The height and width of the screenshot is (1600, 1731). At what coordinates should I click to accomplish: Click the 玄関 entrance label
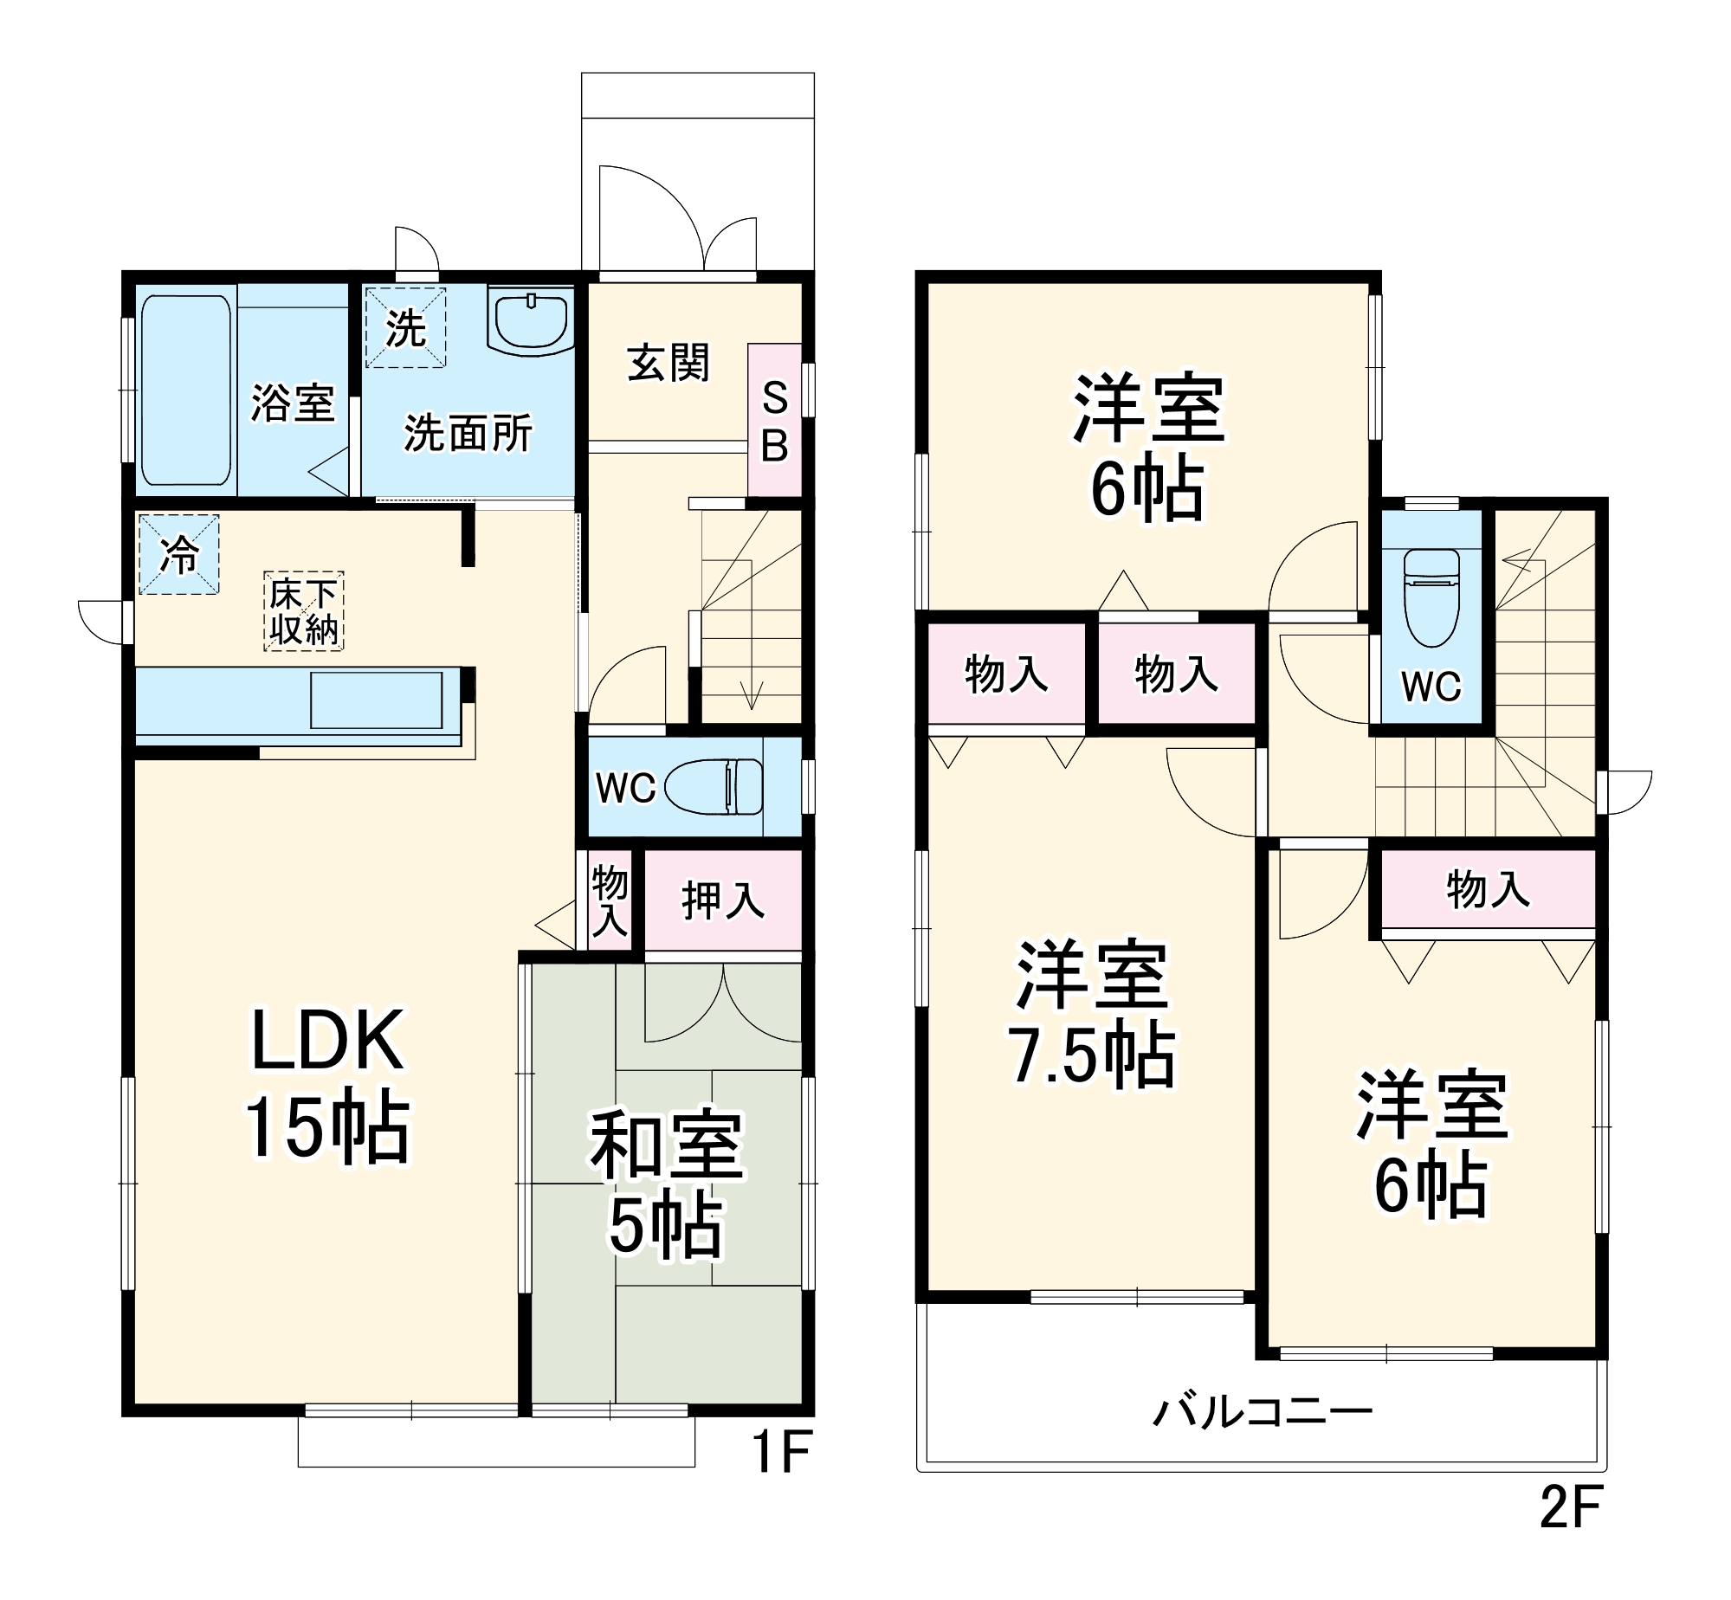tap(668, 363)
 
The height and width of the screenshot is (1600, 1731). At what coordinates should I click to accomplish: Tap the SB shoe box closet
tap(774, 422)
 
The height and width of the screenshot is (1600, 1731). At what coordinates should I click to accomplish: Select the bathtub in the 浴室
tap(185, 390)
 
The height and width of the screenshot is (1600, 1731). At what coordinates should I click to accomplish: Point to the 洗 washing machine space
tap(405, 328)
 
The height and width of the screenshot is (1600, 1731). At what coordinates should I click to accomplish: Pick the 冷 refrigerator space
tap(179, 554)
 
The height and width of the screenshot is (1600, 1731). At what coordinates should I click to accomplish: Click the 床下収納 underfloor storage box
tap(303, 611)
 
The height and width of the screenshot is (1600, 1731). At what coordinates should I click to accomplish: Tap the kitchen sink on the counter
tap(376, 700)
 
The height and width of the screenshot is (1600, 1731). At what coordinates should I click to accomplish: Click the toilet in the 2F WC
tap(1431, 597)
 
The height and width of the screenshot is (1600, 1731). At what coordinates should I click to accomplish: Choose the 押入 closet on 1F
tap(723, 900)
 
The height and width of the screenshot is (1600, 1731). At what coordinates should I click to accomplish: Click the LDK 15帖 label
tap(327, 1084)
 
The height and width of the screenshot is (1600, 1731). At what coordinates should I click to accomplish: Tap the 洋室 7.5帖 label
tap(1093, 1015)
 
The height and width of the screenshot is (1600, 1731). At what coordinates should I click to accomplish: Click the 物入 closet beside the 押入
tap(610, 900)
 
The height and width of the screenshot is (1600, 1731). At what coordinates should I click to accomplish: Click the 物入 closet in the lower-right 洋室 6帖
tap(1488, 889)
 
